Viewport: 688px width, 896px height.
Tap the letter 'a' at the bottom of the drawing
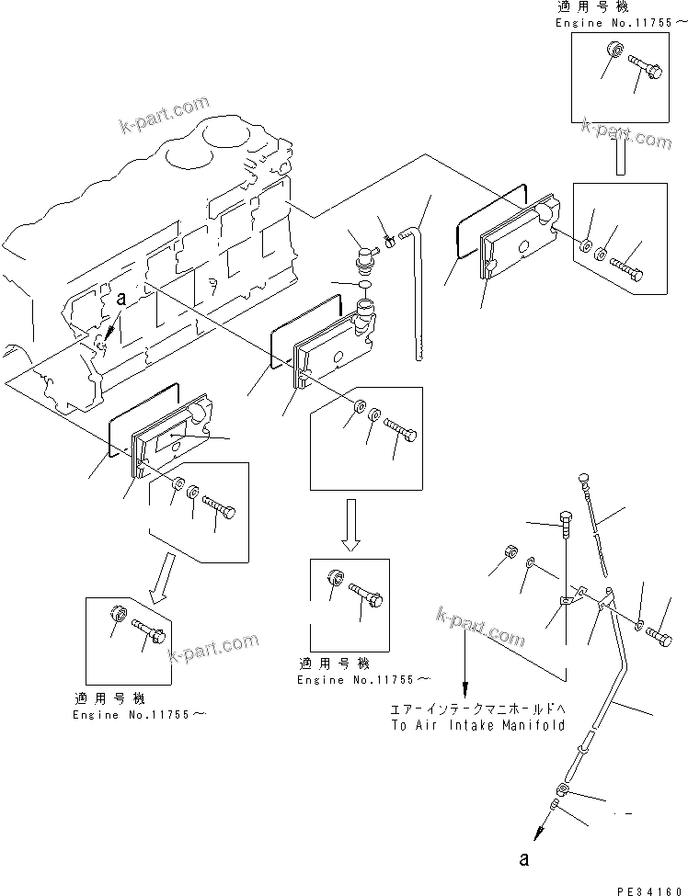(524, 860)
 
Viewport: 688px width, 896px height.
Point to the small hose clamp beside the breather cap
(389, 240)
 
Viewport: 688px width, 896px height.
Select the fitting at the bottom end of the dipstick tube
(561, 789)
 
